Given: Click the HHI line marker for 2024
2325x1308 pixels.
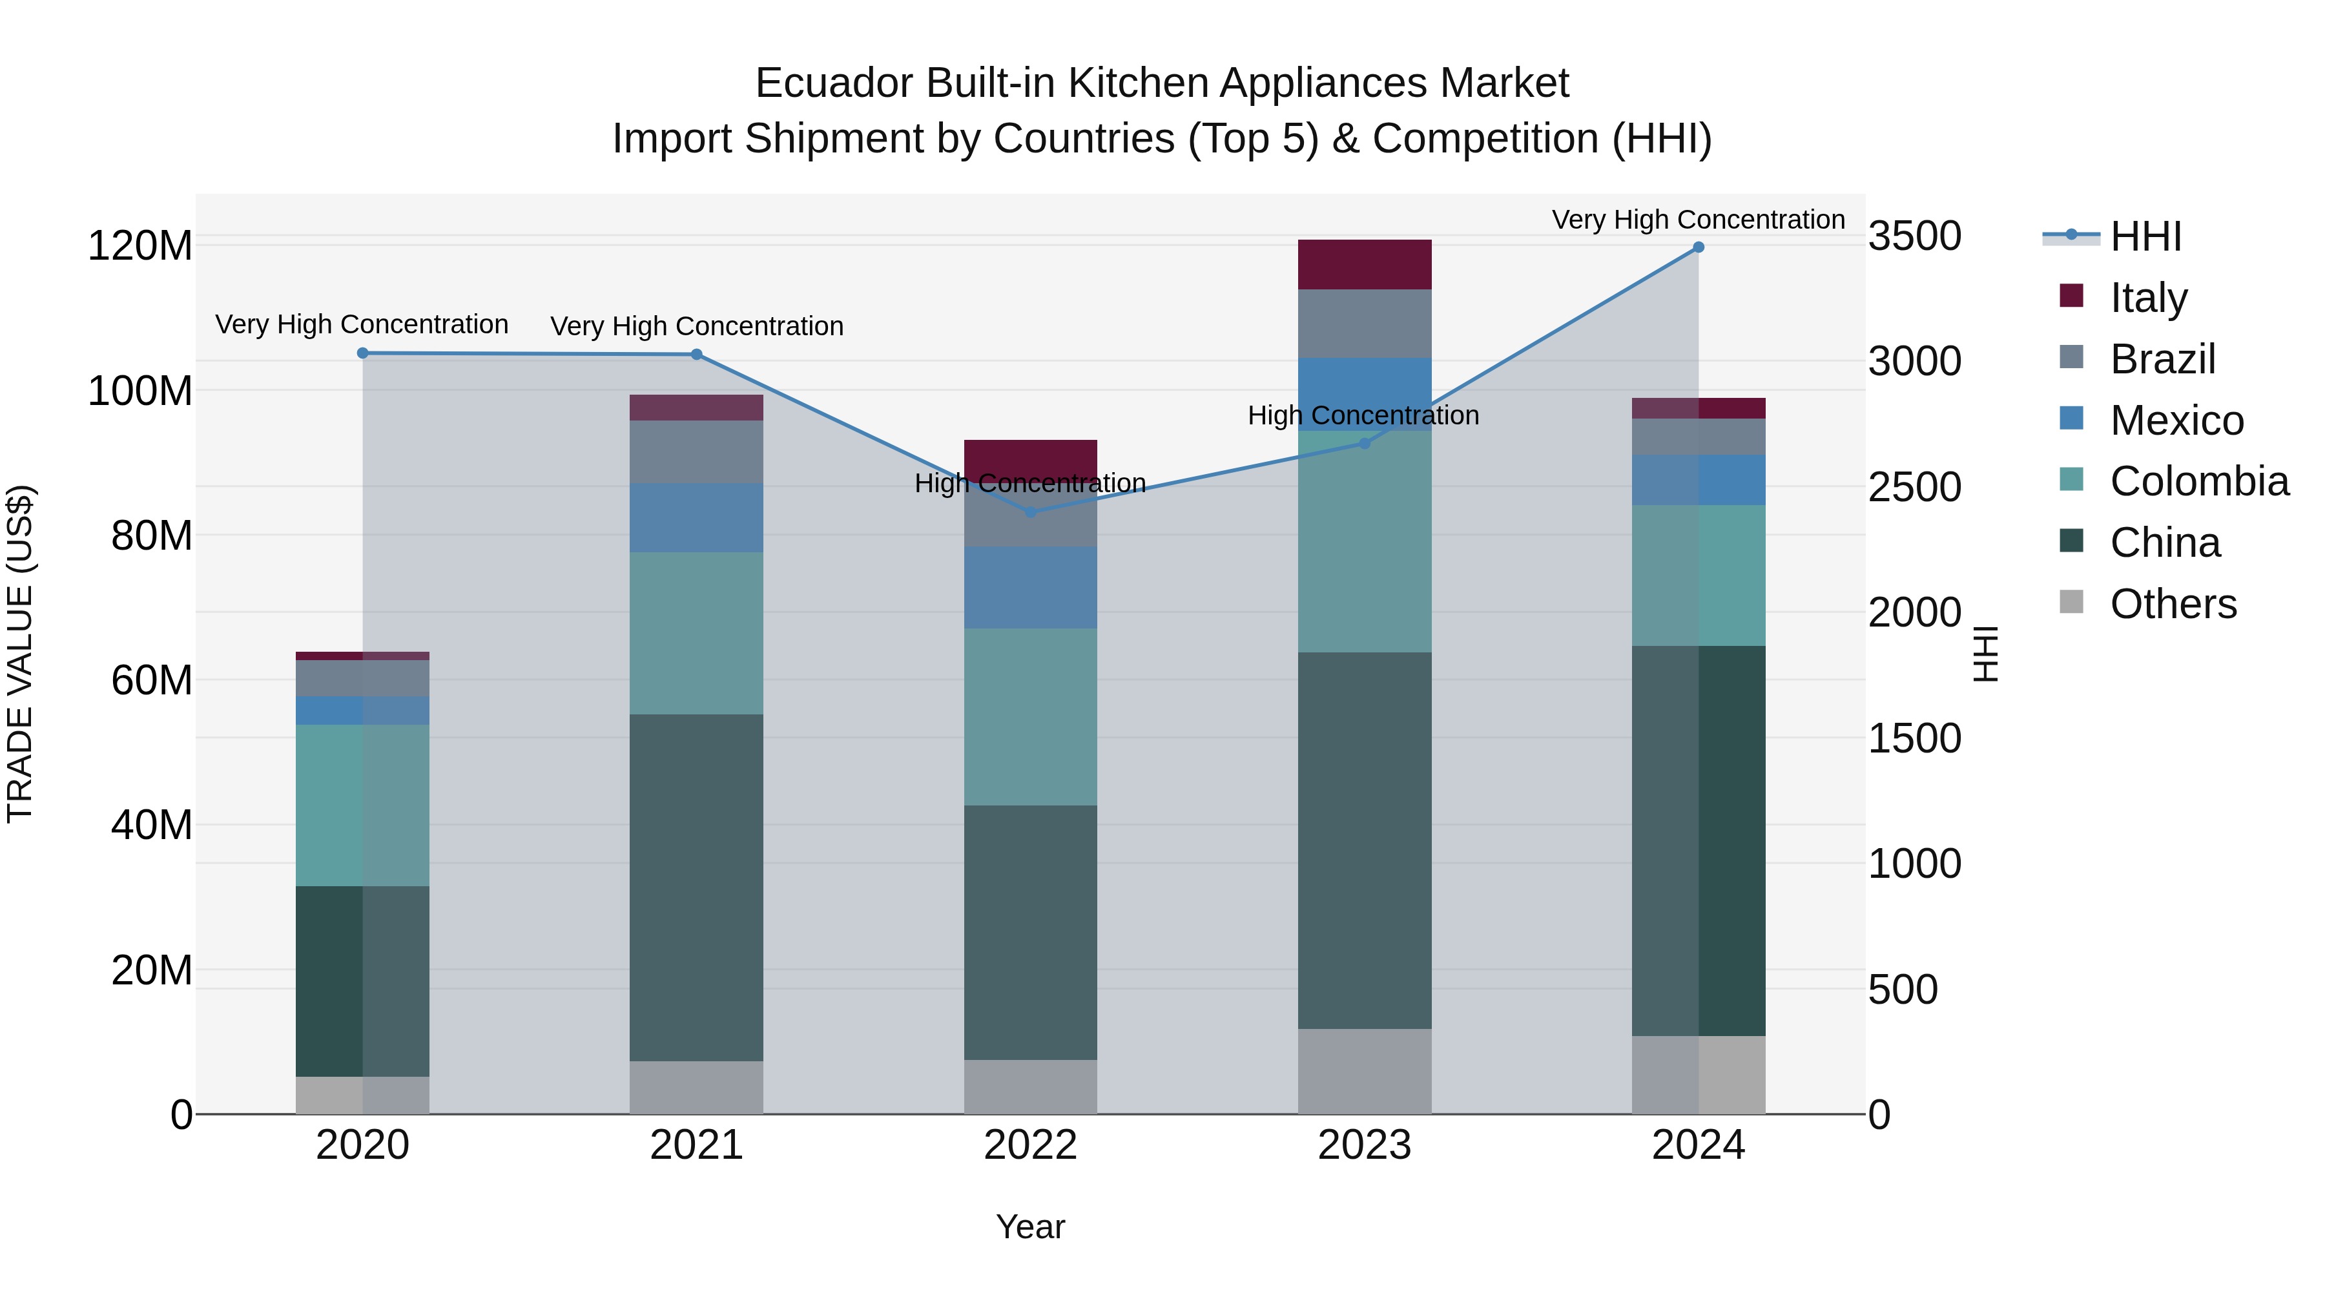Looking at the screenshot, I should tap(1698, 247).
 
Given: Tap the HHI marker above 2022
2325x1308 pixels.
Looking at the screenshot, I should tap(1031, 512).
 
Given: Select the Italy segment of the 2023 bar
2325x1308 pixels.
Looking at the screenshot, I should tap(1364, 264).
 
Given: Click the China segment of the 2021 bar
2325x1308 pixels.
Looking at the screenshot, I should tap(696, 888).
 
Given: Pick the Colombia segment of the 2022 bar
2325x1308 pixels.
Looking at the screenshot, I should tap(1030, 717).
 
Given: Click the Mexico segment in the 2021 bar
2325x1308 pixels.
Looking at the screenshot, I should tap(696, 517).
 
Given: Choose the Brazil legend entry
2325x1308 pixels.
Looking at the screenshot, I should tap(2162, 359).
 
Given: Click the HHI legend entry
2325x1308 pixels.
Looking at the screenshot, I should tap(2145, 236).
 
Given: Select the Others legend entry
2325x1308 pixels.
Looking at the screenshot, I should tap(2173, 604).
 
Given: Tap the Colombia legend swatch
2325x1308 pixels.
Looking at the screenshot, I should tap(2071, 480).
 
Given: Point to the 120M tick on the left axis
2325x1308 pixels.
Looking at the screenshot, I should tap(140, 245).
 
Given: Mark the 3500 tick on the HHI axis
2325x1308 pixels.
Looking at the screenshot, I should tap(1914, 236).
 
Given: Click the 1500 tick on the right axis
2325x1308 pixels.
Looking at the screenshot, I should tap(1914, 738).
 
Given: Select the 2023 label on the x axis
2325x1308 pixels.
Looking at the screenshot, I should tap(1364, 1145).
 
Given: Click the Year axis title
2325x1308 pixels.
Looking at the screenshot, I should tap(1030, 1227).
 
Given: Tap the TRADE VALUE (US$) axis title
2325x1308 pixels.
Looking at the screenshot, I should tap(20, 654).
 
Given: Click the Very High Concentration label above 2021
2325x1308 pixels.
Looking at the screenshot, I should tap(696, 326).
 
